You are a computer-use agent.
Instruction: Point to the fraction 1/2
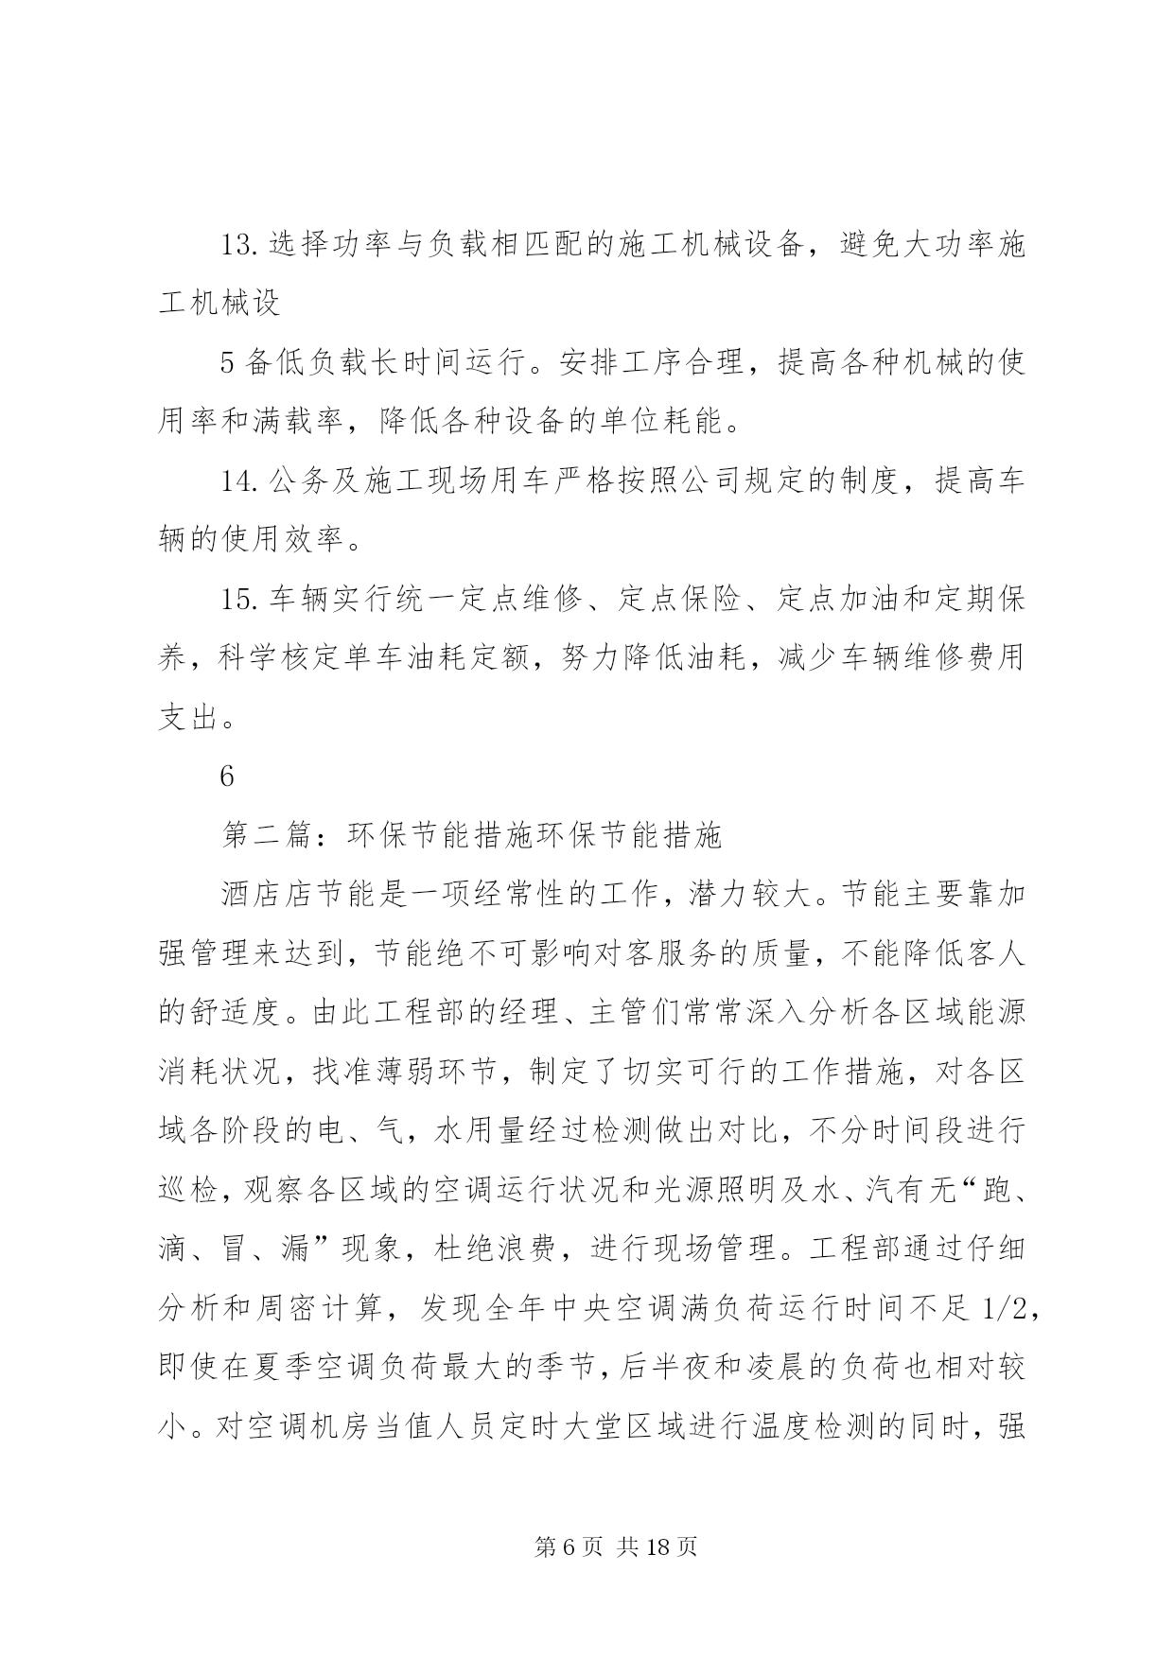pyautogui.click(x=1002, y=1308)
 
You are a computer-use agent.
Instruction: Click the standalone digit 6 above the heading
pyautogui.click(x=227, y=777)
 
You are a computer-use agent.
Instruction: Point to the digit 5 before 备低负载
pyautogui.click(x=227, y=363)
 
